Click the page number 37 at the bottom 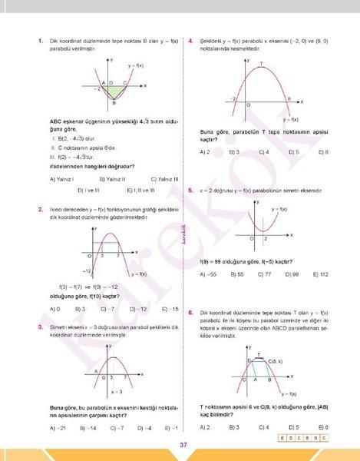(183, 445)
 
